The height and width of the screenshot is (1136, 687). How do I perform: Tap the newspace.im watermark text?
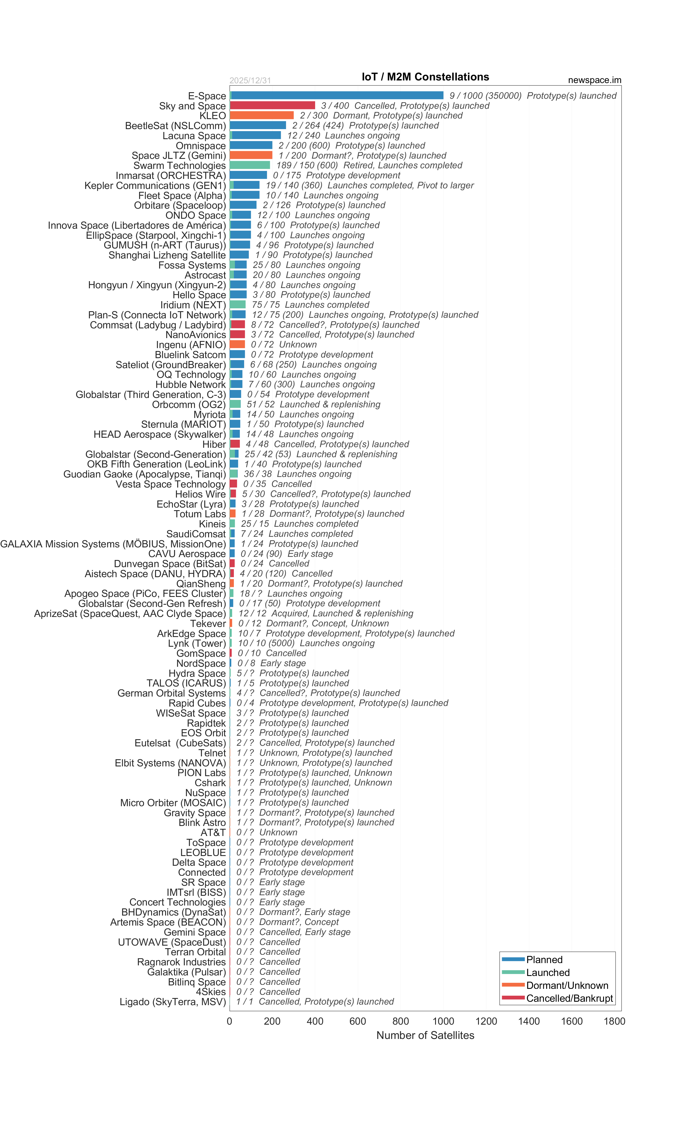[x=594, y=80]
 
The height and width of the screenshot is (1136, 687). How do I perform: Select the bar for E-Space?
[x=337, y=95]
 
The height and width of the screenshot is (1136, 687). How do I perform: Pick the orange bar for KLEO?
[x=261, y=115]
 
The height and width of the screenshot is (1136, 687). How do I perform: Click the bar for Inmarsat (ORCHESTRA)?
[x=248, y=175]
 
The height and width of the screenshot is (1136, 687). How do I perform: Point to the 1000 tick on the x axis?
[x=443, y=1021]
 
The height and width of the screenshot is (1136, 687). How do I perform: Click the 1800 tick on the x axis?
[x=614, y=1021]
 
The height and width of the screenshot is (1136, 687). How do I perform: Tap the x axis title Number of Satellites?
[x=425, y=1036]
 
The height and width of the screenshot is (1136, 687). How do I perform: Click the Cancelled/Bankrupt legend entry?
[x=569, y=999]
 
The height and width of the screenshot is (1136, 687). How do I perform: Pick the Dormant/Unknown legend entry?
[x=567, y=986]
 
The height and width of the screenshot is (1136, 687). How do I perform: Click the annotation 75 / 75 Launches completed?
[x=310, y=305]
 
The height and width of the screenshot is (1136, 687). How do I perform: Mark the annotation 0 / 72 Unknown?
[x=284, y=344]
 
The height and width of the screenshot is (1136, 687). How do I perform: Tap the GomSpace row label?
[x=201, y=653]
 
